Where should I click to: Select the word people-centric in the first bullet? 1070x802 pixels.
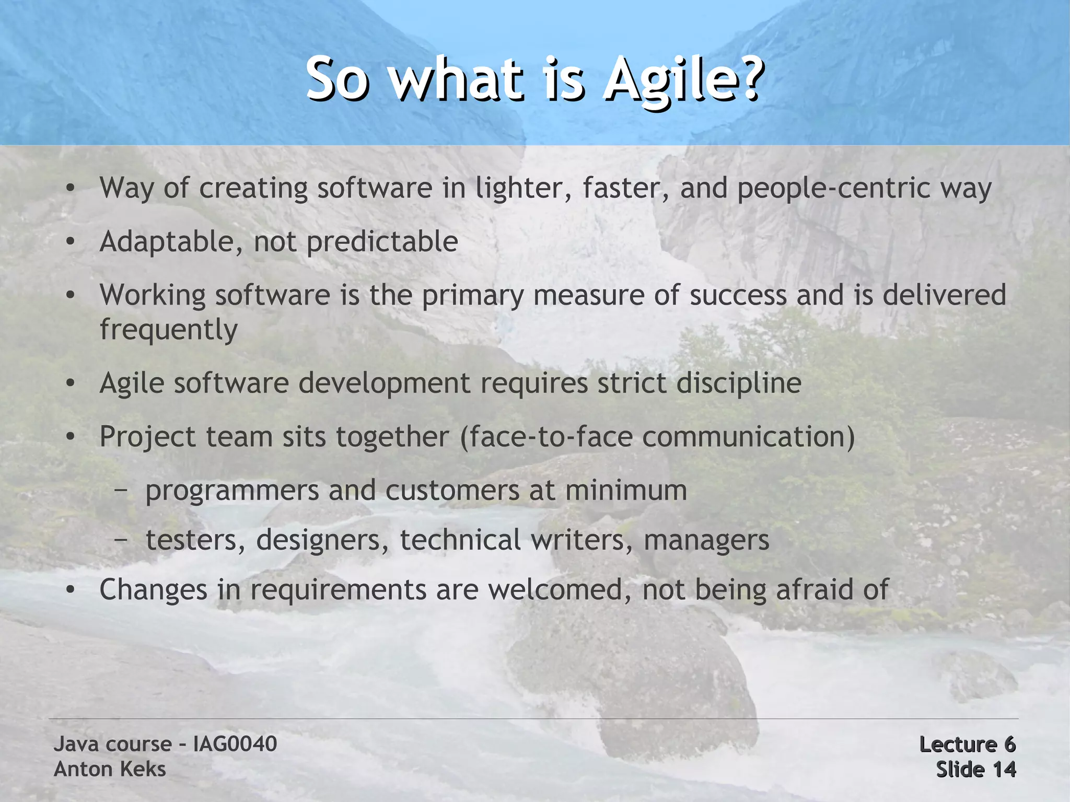834,188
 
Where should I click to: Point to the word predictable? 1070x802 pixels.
382,241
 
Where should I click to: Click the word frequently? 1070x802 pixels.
168,330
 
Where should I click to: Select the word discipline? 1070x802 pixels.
739,383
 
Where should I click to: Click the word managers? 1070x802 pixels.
706,540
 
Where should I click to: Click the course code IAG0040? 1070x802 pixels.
235,743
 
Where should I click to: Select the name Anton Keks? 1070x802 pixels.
110,769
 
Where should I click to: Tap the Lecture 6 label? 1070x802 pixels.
967,744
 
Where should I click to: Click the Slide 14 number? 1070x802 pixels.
975,769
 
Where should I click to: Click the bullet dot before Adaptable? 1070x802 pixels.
70,241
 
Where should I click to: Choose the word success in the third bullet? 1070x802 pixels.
738,295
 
